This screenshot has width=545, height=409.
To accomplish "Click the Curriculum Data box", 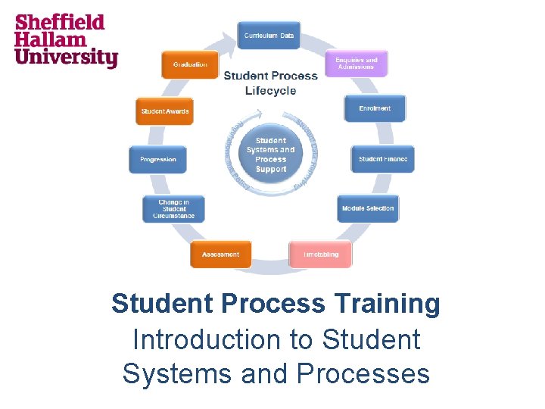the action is click(x=269, y=36).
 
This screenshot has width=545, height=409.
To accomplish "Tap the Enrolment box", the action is click(x=375, y=108).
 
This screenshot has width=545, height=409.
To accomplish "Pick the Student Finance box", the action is click(x=383, y=159).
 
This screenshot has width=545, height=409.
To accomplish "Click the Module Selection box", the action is click(x=368, y=208).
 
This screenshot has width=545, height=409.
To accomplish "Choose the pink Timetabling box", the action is click(x=320, y=254).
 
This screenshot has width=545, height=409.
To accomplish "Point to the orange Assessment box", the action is click(x=220, y=254).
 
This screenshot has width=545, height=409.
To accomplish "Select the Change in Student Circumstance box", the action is click(x=173, y=209).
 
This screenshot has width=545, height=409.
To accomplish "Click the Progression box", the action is click(x=158, y=159).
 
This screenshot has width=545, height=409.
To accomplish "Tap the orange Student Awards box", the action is click(x=164, y=111).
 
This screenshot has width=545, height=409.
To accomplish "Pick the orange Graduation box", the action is click(x=190, y=64).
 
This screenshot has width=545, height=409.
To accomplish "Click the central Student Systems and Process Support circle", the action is click(x=271, y=155).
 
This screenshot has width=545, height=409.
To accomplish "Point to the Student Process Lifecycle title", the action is click(x=270, y=83).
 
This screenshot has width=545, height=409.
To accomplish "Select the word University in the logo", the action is click(x=67, y=57).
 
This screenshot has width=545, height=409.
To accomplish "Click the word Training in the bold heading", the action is click(x=384, y=304).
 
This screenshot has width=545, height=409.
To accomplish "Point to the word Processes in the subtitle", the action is click(x=363, y=373).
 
